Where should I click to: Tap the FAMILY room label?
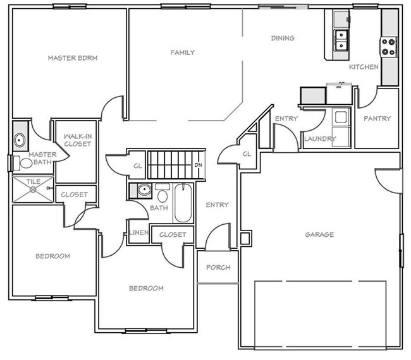point(183,53)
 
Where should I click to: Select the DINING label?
point(283,39)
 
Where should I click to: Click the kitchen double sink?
point(342,39)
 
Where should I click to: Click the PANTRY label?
point(377,119)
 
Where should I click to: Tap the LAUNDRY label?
point(319,139)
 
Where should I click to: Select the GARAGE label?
point(319,235)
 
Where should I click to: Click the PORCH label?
point(218,267)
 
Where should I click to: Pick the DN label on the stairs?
point(198,166)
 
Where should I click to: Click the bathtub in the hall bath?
point(183,203)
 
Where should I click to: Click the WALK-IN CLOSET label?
point(77,140)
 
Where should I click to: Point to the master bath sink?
point(20,140)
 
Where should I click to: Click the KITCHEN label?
point(364,67)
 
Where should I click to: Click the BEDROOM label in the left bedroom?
point(52,256)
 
